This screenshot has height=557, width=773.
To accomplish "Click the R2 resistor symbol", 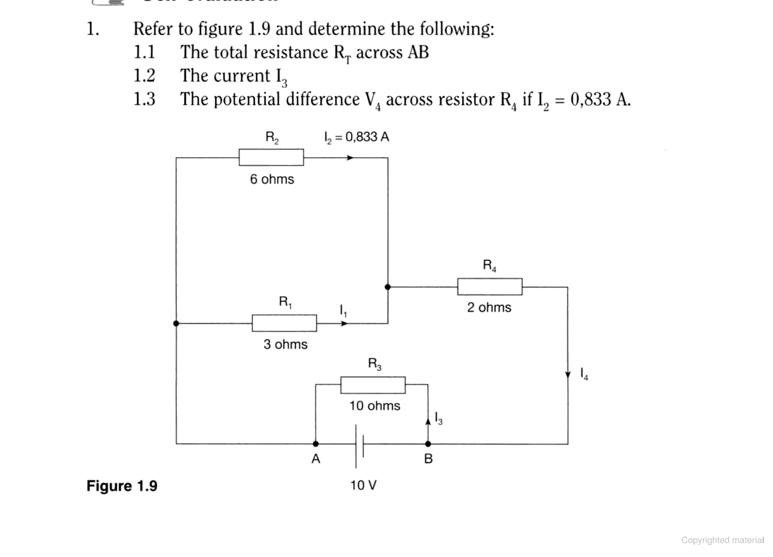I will pyautogui.click(x=271, y=158).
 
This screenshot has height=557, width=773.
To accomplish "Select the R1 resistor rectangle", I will pyautogui.click(x=284, y=323).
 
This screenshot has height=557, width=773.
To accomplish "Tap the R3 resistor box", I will pyautogui.click(x=373, y=385).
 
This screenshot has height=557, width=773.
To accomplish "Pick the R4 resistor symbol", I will pyautogui.click(x=490, y=287).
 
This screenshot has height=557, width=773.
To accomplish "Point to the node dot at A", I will pyautogui.click(x=316, y=444).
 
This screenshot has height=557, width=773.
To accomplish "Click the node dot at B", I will pyautogui.click(x=428, y=444).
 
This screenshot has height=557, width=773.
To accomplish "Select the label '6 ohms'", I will pyautogui.click(x=272, y=179).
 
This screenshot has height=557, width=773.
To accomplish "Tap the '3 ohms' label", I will pyautogui.click(x=285, y=344).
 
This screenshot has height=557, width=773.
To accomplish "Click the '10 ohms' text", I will pyautogui.click(x=374, y=406).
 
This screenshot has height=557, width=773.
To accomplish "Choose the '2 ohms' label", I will pyautogui.click(x=489, y=307).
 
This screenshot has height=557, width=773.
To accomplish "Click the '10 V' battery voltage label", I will pyautogui.click(x=363, y=485).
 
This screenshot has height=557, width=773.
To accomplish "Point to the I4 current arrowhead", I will pyautogui.click(x=568, y=376).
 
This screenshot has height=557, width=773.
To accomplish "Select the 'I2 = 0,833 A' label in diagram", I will pyautogui.click(x=356, y=137).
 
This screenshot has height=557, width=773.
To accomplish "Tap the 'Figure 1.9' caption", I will pyautogui.click(x=121, y=486).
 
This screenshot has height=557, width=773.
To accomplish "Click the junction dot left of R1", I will pyautogui.click(x=176, y=323).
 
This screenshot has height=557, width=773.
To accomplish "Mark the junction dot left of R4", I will pyautogui.click(x=388, y=287).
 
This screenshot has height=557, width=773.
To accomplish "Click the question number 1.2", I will pyautogui.click(x=144, y=76).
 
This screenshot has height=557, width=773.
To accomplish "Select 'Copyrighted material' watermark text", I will pyautogui.click(x=722, y=540).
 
